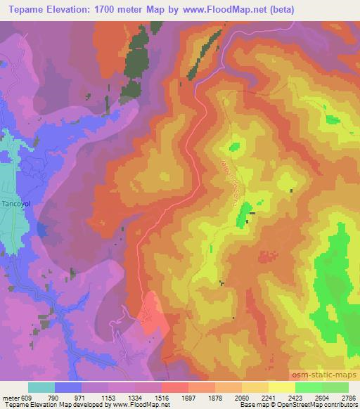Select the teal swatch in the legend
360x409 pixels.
[41, 387]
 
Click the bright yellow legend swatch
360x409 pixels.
[281, 387]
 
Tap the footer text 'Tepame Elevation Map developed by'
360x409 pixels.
[53, 404]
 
